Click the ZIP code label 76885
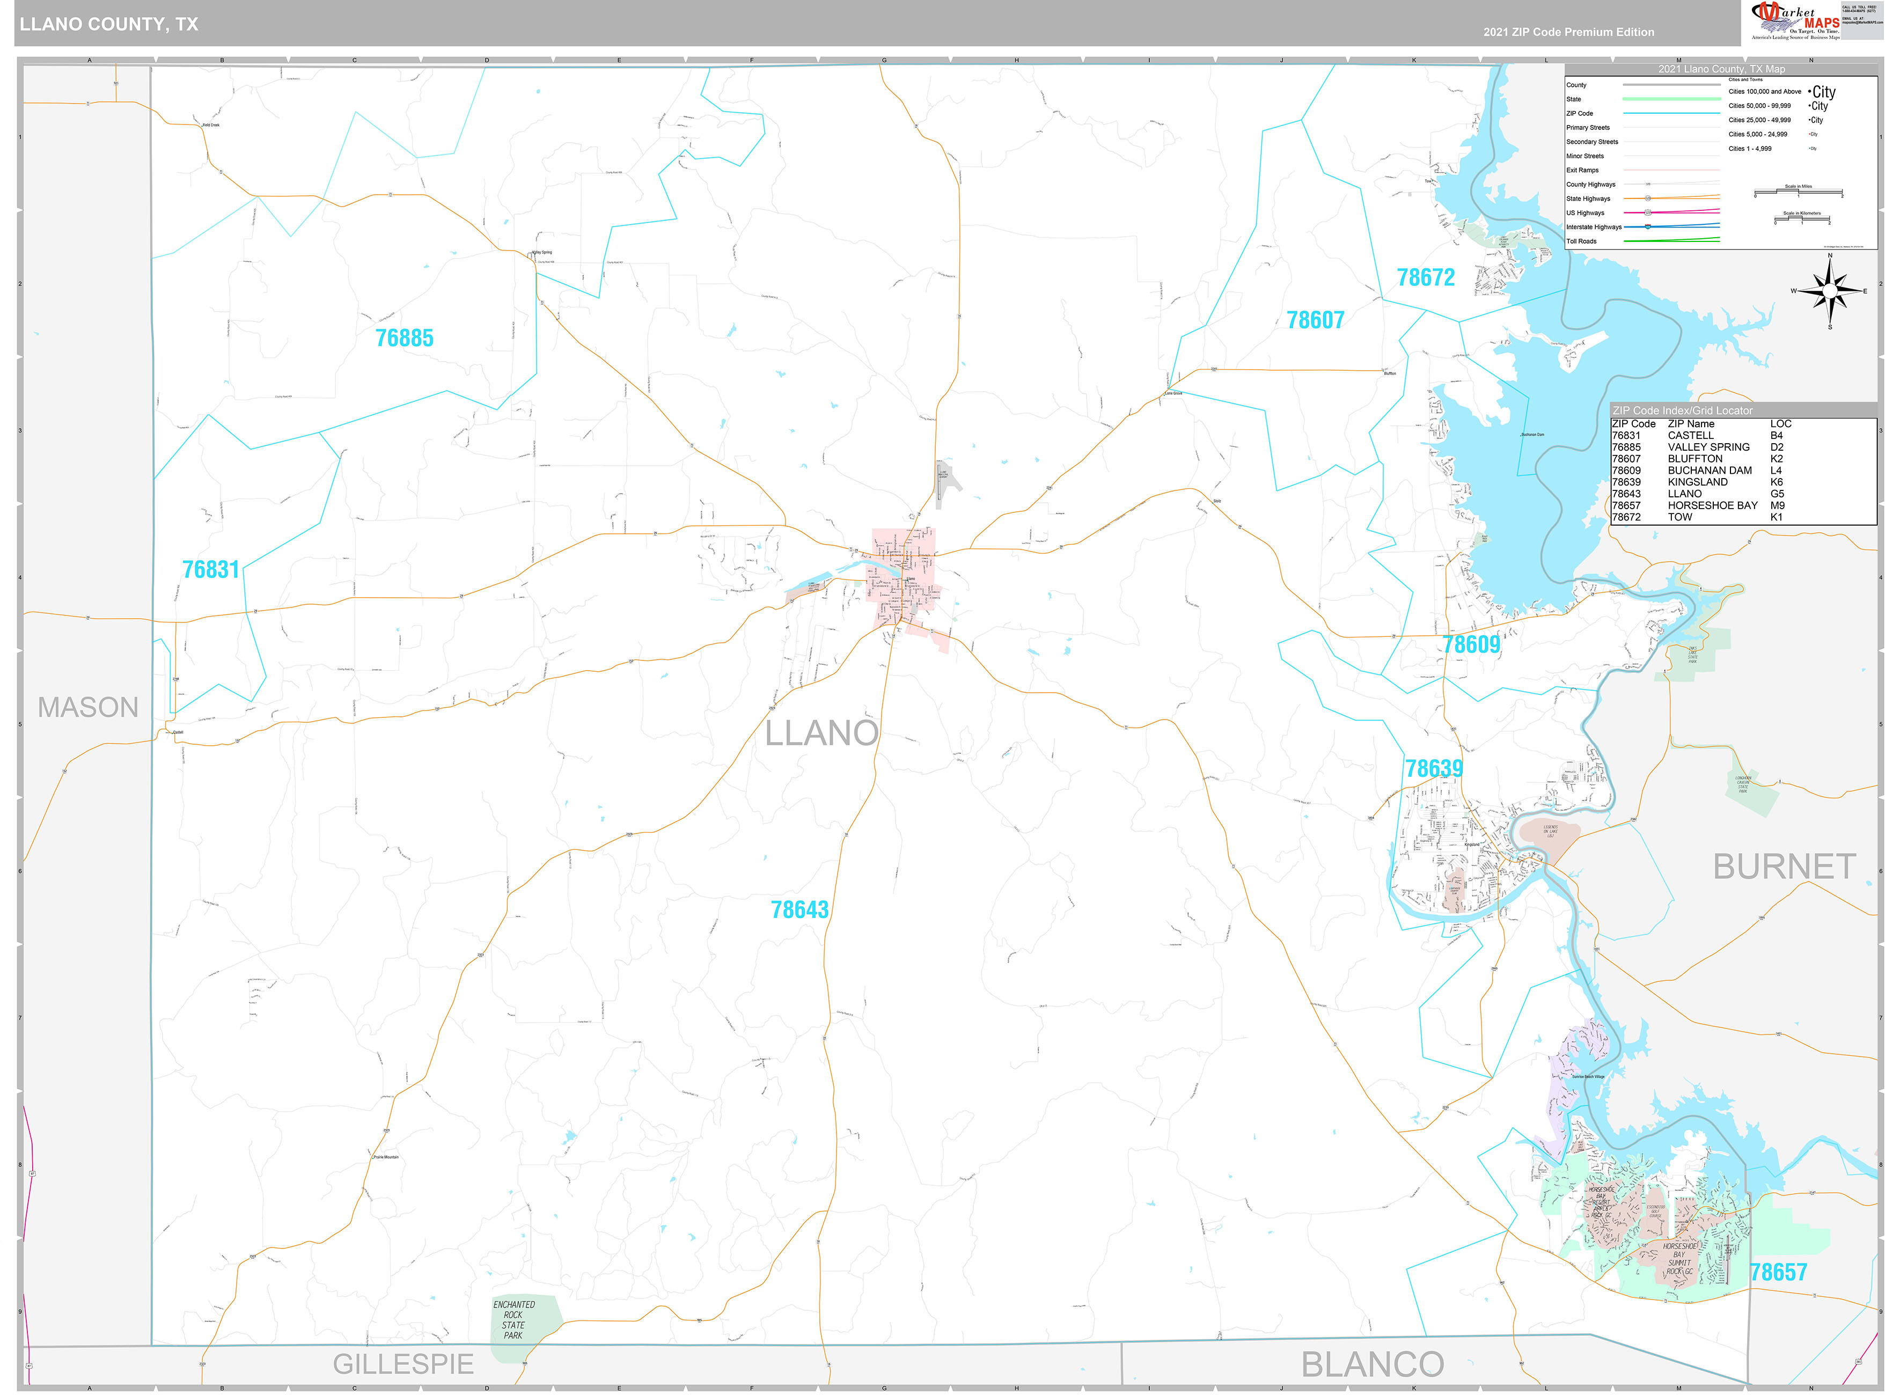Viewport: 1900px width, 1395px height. (x=405, y=339)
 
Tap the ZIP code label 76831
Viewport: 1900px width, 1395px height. (x=211, y=570)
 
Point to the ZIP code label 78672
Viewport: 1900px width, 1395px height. (x=1426, y=278)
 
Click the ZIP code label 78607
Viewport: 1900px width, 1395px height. (x=1315, y=320)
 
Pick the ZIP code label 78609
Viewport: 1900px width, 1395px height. (x=1471, y=645)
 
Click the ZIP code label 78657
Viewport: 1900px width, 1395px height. (x=1778, y=1273)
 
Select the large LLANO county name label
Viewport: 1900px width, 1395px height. (x=821, y=733)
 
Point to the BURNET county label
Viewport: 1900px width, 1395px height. (x=1784, y=867)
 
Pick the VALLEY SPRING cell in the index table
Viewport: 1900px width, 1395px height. (x=1708, y=447)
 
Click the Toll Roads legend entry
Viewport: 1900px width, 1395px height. (x=1582, y=241)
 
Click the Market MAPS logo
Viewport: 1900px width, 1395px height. (x=1794, y=20)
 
